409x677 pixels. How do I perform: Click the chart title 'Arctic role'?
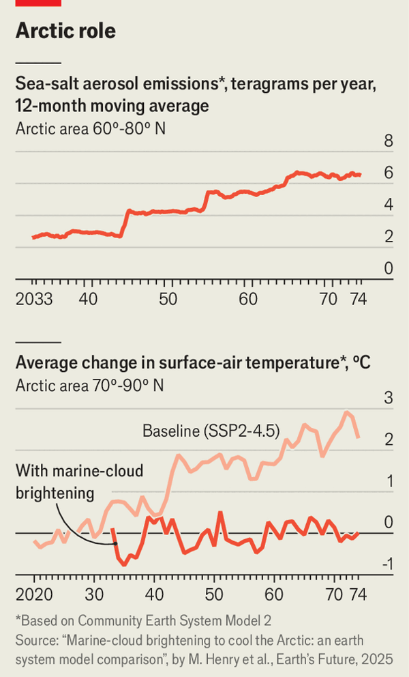[x=65, y=31]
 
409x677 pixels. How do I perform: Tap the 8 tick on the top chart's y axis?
[x=389, y=142]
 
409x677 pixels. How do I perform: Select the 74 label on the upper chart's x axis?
[x=355, y=300]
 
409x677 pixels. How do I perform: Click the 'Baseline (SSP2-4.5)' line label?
[x=211, y=431]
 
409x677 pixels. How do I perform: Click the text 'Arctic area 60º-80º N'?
[x=91, y=128]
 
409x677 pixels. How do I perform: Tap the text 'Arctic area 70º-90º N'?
[x=91, y=385]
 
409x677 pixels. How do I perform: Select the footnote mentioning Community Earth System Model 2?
[x=125, y=620]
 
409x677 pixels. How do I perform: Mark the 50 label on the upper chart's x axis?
[x=168, y=300]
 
